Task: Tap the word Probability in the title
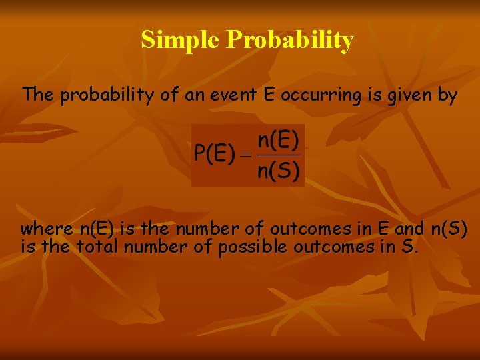[x=290, y=41]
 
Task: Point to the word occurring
[x=314, y=95]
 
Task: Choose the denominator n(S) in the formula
[x=279, y=171]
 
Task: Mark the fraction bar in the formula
[x=279, y=155]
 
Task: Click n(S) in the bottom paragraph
[x=449, y=229]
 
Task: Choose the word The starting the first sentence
[x=38, y=95]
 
